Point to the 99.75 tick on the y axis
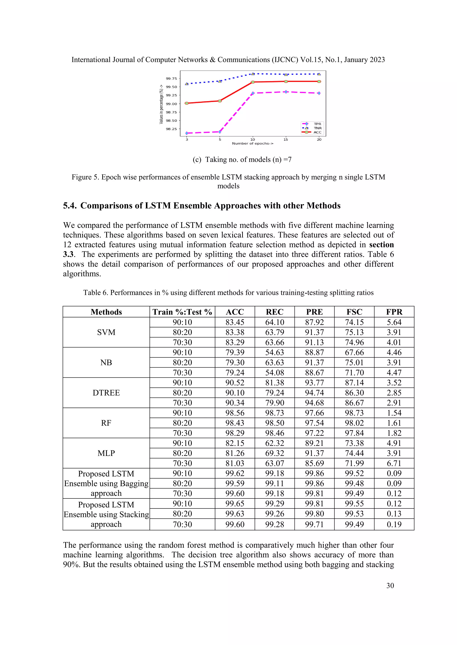coord(171,78)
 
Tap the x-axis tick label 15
coord(286,140)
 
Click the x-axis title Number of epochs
coord(252,144)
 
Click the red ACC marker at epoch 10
coord(253,82)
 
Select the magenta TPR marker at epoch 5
coord(220,132)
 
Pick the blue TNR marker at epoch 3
coord(187,84)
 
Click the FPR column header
coord(394,312)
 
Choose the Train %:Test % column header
coord(182,312)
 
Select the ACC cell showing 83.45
coord(235,322)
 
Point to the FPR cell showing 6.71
coord(394,463)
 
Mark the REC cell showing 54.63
coord(274,353)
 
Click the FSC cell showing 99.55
coord(354,504)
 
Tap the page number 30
coord(390,586)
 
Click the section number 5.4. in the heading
coord(70,206)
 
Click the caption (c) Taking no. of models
coord(242,159)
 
